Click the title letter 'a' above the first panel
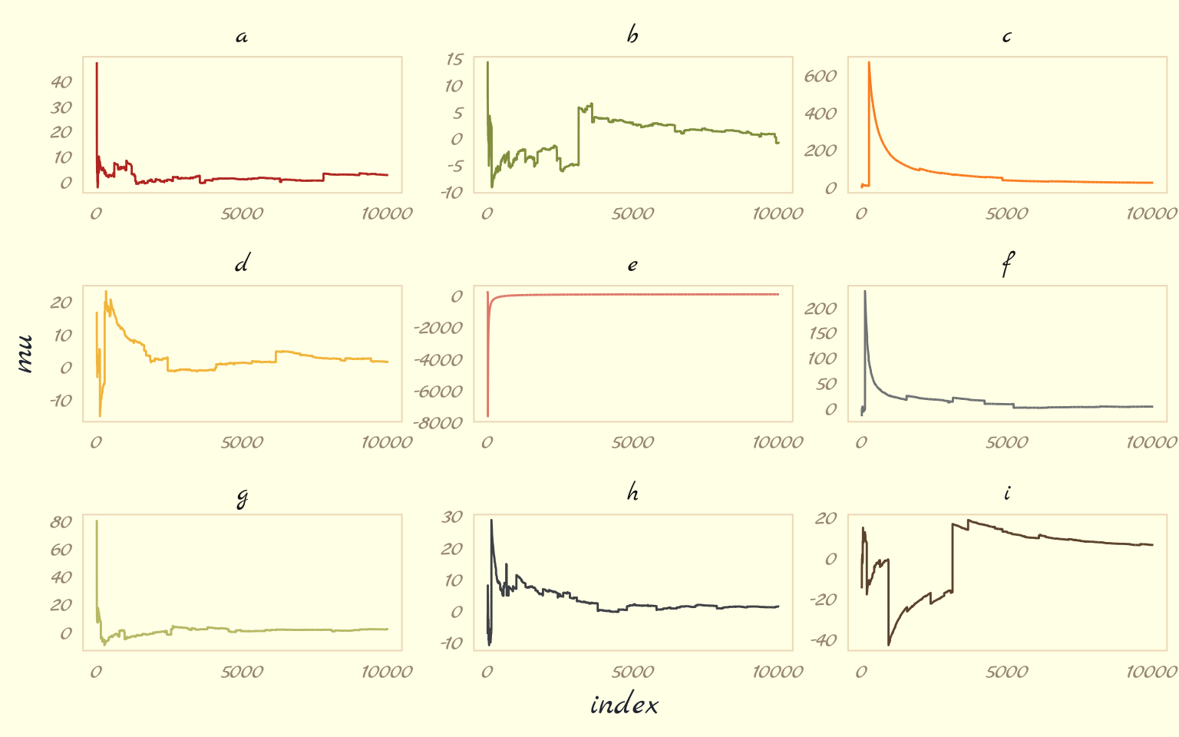point(242,37)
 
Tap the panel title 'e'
point(632,266)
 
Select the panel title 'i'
point(1007,493)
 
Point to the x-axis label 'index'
point(624,705)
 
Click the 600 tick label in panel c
point(821,76)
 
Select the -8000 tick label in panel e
point(438,423)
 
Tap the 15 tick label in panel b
point(454,59)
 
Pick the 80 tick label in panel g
point(61,522)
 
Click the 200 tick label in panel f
point(821,309)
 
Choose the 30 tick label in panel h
point(452,517)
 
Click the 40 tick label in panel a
point(61,82)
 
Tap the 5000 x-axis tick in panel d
point(242,443)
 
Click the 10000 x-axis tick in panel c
point(1151,214)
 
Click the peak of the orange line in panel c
point(869,63)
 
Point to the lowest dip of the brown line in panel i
point(889,644)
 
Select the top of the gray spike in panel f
point(865,291)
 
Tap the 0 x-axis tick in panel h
point(487,673)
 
